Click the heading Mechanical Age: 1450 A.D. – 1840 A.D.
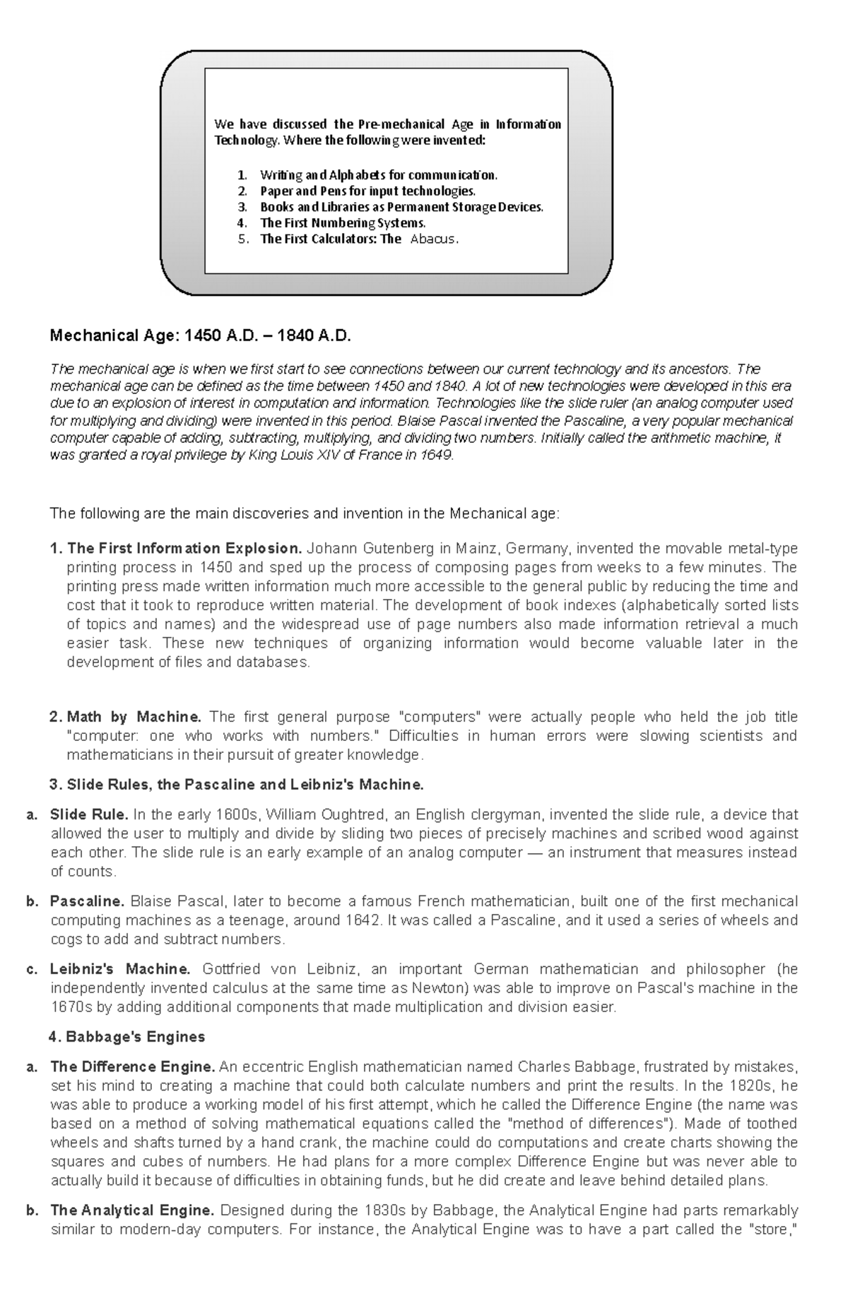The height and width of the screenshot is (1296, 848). coord(200,335)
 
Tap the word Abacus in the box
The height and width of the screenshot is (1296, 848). coord(432,239)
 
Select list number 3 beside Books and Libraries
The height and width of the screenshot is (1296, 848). coord(242,207)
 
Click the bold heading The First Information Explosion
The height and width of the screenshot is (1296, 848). coord(184,548)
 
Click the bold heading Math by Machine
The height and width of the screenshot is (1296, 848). coord(134,716)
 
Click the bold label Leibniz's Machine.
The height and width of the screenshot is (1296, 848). coord(120,968)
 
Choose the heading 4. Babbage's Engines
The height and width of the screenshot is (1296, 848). coord(127,1037)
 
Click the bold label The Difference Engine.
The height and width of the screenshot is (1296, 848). coord(132,1066)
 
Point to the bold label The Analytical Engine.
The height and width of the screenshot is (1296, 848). coord(132,1210)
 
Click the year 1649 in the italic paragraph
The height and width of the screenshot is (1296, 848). coord(435,455)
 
